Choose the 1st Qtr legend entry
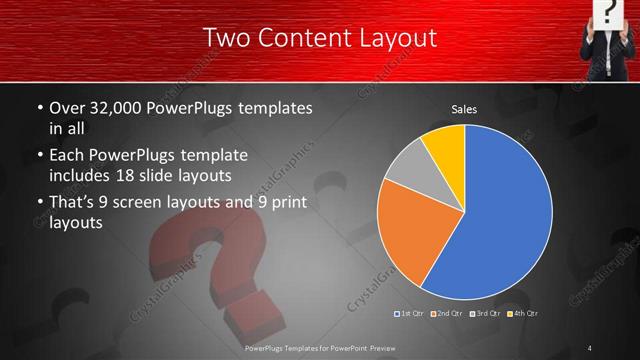[x=411, y=314]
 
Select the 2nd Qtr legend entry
[x=446, y=314]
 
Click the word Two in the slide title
[x=226, y=39]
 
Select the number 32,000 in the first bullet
[x=123, y=107]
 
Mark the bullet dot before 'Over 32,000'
[x=39, y=107]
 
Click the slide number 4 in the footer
[x=590, y=348]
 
